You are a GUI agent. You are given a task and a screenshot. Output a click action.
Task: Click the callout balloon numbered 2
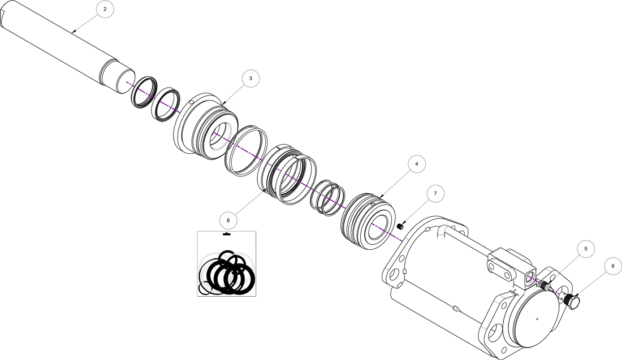pos(105,10)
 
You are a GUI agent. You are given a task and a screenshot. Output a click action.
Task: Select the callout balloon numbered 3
pos(250,79)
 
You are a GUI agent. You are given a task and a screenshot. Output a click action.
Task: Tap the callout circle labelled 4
pos(416,164)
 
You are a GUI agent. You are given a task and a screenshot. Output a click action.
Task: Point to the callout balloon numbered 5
pos(586,248)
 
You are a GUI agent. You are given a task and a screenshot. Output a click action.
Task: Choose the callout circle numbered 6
pos(611,265)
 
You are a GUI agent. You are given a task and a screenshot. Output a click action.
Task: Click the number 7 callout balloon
pos(435,194)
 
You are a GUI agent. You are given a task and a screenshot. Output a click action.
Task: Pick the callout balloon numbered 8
pos(228,219)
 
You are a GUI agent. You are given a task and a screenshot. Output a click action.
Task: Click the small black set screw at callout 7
pos(400,227)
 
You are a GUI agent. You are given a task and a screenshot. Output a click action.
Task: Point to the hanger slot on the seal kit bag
pos(226,234)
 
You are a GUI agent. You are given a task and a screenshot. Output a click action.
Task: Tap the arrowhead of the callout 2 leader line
pos(73,32)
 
